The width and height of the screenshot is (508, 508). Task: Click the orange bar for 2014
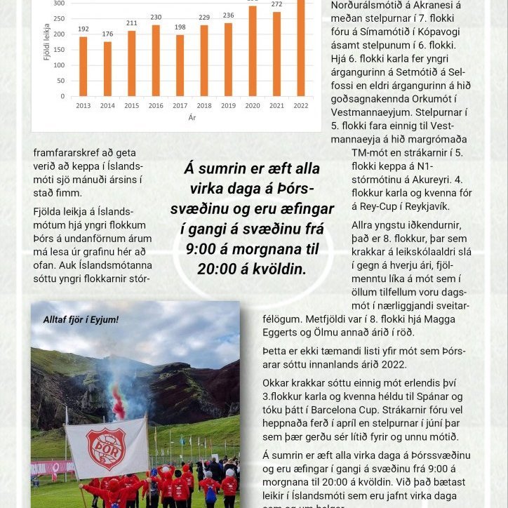pyautogui.click(x=107, y=69)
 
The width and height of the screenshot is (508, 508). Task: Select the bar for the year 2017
pyautogui.click(x=180, y=65)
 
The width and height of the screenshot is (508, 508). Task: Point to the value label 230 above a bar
pyautogui.click(x=156, y=17)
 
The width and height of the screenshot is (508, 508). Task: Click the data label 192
pyautogui.click(x=83, y=29)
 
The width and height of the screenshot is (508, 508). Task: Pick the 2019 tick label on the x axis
pyautogui.click(x=228, y=106)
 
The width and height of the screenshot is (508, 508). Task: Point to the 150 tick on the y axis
pyautogui.click(x=60, y=50)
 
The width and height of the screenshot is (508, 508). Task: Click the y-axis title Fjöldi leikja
pyautogui.click(x=47, y=42)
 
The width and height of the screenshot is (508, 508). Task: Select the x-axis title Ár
pyautogui.click(x=192, y=117)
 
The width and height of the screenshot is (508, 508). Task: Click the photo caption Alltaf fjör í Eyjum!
pyautogui.click(x=81, y=320)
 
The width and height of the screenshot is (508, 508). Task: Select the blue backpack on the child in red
pyautogui.click(x=209, y=494)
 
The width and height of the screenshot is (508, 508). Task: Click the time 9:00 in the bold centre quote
pyautogui.click(x=204, y=249)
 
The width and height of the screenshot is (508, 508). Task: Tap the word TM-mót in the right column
pyautogui.click(x=373, y=152)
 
